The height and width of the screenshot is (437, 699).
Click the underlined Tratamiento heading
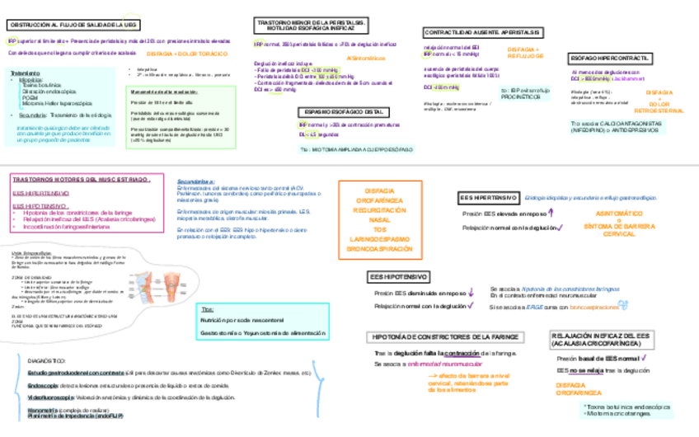24,73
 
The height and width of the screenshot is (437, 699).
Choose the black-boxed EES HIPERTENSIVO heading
488,198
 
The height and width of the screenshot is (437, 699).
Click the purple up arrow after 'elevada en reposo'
551,214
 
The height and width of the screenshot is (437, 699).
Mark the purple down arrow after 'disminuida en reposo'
471,292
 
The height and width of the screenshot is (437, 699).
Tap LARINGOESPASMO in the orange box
379,239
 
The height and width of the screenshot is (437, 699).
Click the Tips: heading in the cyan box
207,308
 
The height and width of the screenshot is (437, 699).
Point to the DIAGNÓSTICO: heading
47,361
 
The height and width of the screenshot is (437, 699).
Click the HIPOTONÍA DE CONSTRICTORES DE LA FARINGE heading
446,336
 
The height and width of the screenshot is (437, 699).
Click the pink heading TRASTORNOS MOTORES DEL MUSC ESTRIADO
81,179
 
